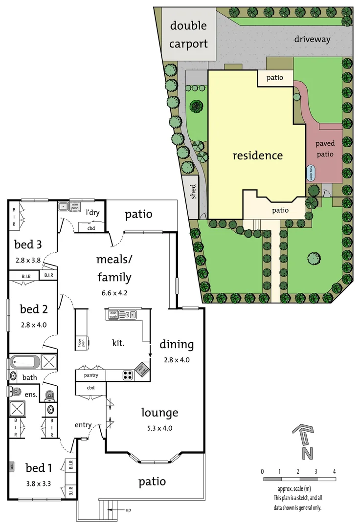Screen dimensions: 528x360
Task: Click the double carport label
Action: (188, 34)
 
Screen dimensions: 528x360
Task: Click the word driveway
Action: (313, 40)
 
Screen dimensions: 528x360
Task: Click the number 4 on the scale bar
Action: (334, 471)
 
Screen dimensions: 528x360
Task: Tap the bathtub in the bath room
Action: (24, 362)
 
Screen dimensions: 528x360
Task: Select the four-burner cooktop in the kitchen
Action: (128, 375)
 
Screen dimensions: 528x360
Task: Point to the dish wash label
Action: (113, 315)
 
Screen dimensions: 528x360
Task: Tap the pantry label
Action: (91, 375)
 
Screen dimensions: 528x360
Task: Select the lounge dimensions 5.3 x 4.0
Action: (159, 428)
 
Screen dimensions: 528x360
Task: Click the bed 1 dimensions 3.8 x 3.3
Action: (38, 484)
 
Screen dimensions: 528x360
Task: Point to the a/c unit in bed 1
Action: (11, 467)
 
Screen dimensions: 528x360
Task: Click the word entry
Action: (83, 425)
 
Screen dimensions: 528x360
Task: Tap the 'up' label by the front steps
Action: (128, 510)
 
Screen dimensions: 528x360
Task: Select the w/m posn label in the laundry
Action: (75, 206)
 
